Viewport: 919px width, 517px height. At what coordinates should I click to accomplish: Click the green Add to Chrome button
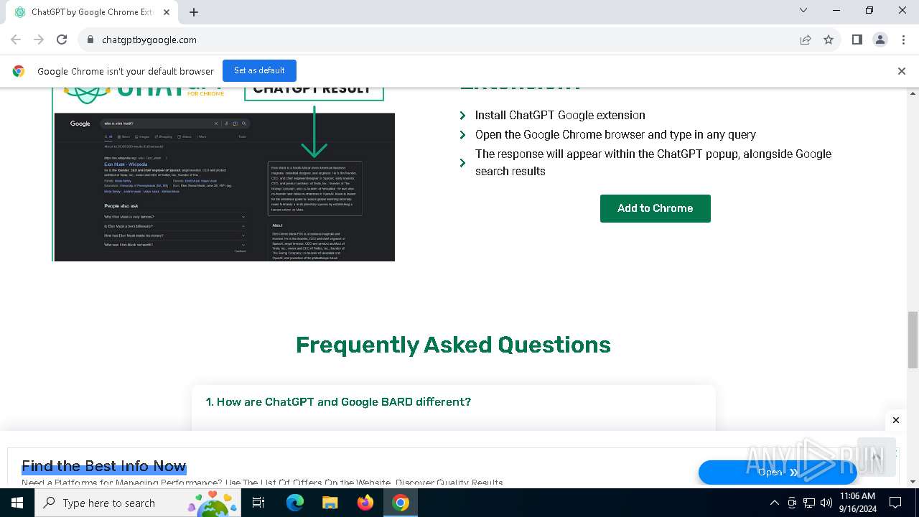click(x=655, y=208)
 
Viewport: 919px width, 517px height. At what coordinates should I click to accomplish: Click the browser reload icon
click(x=62, y=39)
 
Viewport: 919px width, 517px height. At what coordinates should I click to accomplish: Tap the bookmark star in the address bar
click(x=829, y=39)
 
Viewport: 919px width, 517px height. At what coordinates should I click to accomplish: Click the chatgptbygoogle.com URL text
click(x=149, y=40)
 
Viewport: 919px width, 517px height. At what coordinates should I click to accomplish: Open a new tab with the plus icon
click(x=194, y=11)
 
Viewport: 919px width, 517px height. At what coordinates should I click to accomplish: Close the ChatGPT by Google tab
click(x=167, y=12)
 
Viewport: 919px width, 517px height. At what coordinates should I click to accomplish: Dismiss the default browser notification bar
click(x=901, y=71)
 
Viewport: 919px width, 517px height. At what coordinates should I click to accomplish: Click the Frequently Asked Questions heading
click(x=453, y=345)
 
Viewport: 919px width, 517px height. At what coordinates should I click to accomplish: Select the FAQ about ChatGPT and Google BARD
click(x=338, y=401)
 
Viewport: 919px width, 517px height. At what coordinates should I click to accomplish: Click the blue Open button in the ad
click(x=777, y=472)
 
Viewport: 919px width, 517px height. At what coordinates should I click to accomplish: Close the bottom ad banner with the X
click(x=895, y=420)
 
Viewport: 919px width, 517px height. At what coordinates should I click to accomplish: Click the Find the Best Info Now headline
click(x=104, y=466)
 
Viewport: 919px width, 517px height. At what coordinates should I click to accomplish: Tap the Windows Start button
click(x=17, y=503)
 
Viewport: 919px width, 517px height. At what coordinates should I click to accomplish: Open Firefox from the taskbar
click(x=365, y=503)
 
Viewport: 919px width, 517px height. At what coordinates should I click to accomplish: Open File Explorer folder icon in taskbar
click(x=330, y=503)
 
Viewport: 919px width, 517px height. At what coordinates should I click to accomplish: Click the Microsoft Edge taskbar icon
click(x=295, y=503)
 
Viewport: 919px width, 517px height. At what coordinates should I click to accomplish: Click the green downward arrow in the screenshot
click(x=314, y=133)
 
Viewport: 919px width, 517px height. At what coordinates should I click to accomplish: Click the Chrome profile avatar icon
click(x=880, y=39)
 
